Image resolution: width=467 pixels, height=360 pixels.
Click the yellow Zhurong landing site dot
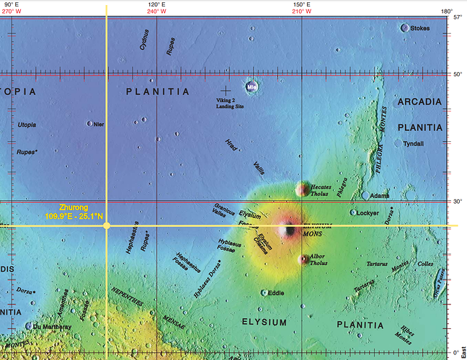[x=107, y=226]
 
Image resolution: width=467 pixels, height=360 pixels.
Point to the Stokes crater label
[x=420, y=28]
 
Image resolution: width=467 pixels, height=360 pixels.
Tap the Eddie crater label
[x=276, y=293]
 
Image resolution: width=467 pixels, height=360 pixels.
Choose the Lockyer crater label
[x=368, y=213]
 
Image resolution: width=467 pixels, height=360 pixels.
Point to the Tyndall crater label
[x=414, y=143]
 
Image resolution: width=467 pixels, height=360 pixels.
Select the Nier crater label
[x=99, y=124]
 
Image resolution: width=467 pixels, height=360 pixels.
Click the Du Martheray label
[x=52, y=326]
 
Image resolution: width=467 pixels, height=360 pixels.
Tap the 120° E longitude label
[x=157, y=4]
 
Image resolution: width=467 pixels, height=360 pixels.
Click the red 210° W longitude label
[x=302, y=12]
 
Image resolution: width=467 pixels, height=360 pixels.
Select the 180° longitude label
[x=447, y=12]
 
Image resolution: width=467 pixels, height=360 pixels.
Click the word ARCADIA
[x=419, y=102]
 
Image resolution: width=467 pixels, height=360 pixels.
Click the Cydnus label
[x=145, y=39]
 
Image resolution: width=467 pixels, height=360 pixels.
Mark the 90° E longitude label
[x=11, y=4]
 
